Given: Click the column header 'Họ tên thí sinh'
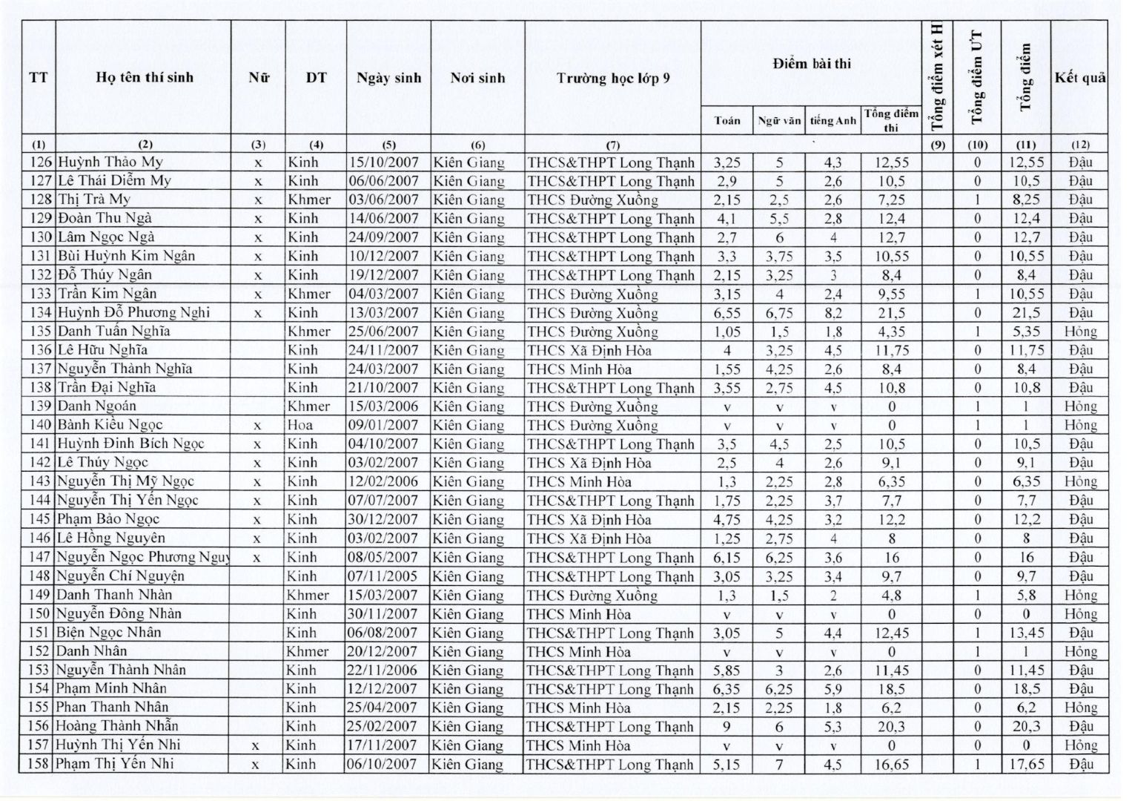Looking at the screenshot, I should pos(144,77).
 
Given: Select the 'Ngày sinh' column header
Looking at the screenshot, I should pos(388,77).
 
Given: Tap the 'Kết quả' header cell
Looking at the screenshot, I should pos(1079,77).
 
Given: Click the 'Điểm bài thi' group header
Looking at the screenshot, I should pos(812,64).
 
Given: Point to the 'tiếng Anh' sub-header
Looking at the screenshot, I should pos(833,120).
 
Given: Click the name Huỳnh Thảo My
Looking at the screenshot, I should pos(110,162).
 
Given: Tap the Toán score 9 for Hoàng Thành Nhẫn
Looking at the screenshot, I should pos(726,726).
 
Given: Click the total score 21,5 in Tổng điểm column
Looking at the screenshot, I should pos(1026,313).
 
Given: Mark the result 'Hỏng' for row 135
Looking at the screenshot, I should pos(1079,332).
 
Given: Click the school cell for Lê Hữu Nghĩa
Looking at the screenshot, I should pos(589,350).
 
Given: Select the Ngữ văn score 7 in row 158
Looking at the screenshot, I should pos(779,764).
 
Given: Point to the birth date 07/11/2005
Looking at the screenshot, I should pos(384,576).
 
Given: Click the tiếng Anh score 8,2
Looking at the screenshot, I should pos(833,313).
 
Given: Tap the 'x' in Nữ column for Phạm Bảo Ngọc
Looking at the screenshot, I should pos(257,519).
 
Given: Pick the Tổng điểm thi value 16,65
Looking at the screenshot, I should pos(891,764).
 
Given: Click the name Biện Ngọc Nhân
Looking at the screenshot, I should pos(109,633).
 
